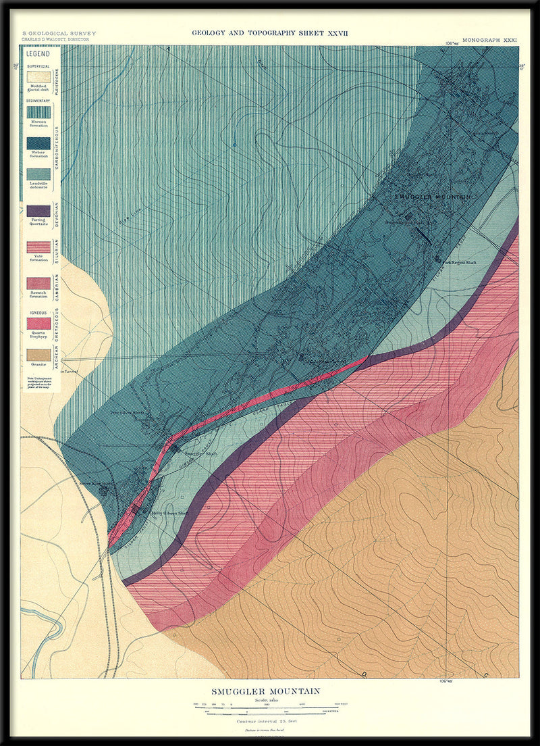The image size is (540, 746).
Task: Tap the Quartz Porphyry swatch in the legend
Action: click(x=38, y=323)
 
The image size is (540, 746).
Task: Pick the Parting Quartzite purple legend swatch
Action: click(x=38, y=211)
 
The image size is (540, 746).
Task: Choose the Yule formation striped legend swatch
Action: click(x=38, y=247)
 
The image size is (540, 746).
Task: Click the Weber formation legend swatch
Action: click(x=38, y=143)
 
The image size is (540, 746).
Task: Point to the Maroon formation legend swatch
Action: click(x=38, y=110)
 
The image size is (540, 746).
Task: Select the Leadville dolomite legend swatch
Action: click(x=38, y=174)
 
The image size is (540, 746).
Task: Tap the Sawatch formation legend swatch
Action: click(x=38, y=282)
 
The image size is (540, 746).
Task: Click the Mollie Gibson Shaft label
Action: click(x=166, y=513)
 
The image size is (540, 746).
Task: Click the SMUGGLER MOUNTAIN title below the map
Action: click(x=265, y=691)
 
